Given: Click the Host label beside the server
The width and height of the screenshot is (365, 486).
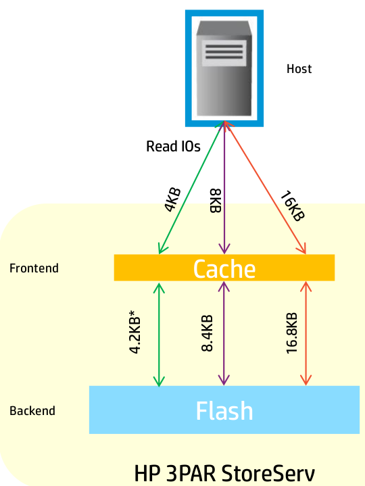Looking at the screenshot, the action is click(299, 69).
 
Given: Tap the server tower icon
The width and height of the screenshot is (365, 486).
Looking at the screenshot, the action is click(224, 68).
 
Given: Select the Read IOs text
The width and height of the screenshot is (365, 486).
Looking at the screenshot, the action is click(173, 146).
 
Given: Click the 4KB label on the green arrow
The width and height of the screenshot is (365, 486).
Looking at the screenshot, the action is click(172, 199).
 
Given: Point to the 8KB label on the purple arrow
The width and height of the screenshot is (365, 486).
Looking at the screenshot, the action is click(216, 201).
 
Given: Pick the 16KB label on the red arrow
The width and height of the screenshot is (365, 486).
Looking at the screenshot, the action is click(293, 206).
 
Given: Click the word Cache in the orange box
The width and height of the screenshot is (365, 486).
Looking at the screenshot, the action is click(224, 269).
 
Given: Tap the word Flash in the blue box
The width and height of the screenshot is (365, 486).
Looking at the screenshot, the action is click(224, 411).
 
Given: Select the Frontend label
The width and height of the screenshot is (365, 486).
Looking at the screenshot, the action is click(34, 268).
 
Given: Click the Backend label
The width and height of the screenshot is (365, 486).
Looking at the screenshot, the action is click(32, 411).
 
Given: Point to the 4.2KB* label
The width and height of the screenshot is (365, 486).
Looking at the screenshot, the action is click(135, 335).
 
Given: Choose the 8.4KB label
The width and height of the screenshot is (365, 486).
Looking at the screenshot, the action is click(207, 333).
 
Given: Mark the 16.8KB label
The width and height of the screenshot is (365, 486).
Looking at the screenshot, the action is click(291, 333).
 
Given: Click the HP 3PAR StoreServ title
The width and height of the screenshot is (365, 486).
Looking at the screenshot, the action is click(224, 474).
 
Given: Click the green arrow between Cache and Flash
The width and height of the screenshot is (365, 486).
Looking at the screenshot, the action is click(159, 335).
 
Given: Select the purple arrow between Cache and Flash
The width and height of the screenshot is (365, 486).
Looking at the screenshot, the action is click(224, 333).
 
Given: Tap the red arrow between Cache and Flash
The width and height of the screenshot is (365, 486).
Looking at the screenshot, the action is click(306, 333).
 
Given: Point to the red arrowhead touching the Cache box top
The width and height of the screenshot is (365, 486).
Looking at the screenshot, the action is click(302, 248).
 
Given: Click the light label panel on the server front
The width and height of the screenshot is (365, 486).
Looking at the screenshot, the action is click(224, 53).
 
